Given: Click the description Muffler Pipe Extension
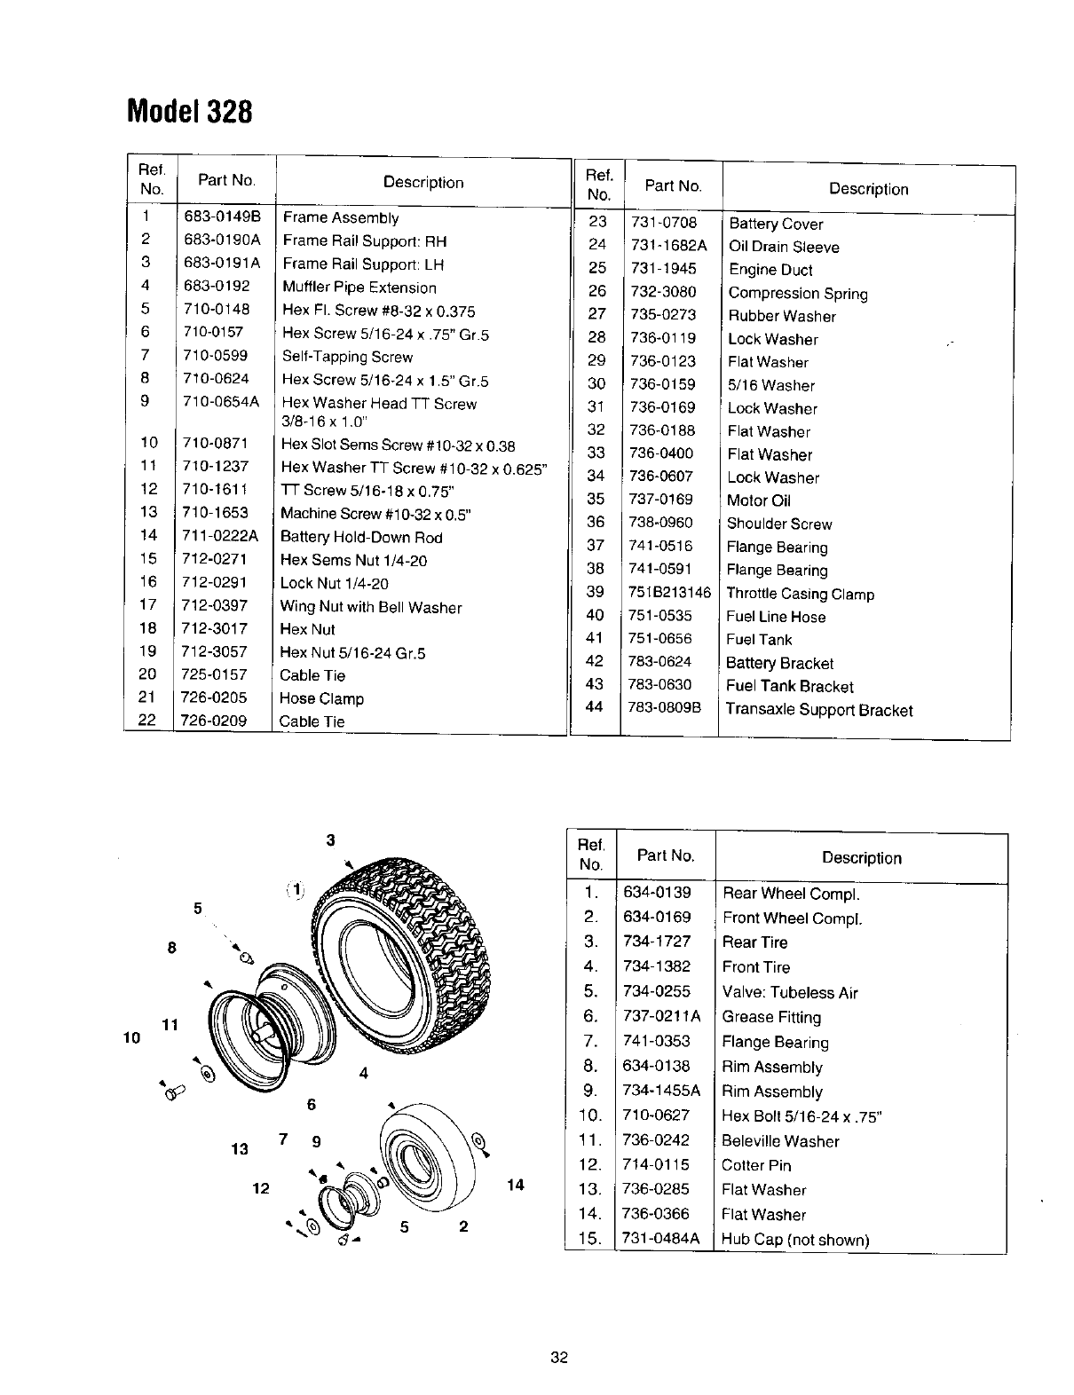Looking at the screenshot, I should pyautogui.click(x=359, y=287).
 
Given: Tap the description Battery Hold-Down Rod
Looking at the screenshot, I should pyautogui.click(x=360, y=537).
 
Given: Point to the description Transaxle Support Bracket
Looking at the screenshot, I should pyautogui.click(x=818, y=709).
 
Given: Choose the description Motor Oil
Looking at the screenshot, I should pyautogui.click(x=758, y=500).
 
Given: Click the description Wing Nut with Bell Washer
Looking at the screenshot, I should pyautogui.click(x=370, y=607).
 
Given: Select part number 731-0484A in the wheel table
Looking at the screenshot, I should pyautogui.click(x=661, y=1238).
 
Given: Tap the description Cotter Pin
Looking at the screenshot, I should pyautogui.click(x=756, y=1165).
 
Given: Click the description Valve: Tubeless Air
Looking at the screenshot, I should pyautogui.click(x=789, y=992).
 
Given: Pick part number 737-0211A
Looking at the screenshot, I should pyautogui.click(x=661, y=1016).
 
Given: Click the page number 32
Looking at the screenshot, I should pyautogui.click(x=558, y=1357).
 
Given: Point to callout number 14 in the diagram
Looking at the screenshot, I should pyautogui.click(x=516, y=1185).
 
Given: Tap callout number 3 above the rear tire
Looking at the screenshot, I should pyautogui.click(x=330, y=840).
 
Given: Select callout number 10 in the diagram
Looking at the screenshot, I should pyautogui.click(x=133, y=1036).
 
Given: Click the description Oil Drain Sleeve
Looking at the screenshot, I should pyautogui.click(x=783, y=247).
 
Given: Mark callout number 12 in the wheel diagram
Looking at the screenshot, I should pyautogui.click(x=261, y=1187).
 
